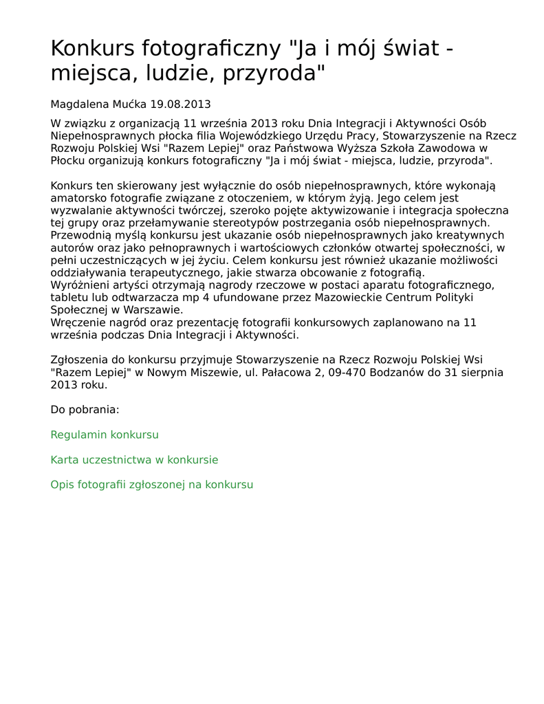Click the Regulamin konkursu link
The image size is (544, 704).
pos(105,435)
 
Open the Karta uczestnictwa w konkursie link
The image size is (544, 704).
pos(134,460)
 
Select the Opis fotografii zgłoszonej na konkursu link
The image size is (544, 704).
pos(152,485)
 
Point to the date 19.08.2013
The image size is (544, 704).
pos(180,104)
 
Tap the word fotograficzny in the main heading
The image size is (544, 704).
pos(213,49)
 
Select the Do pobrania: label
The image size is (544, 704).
pos(85,410)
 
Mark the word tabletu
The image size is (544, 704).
pos(69,298)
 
